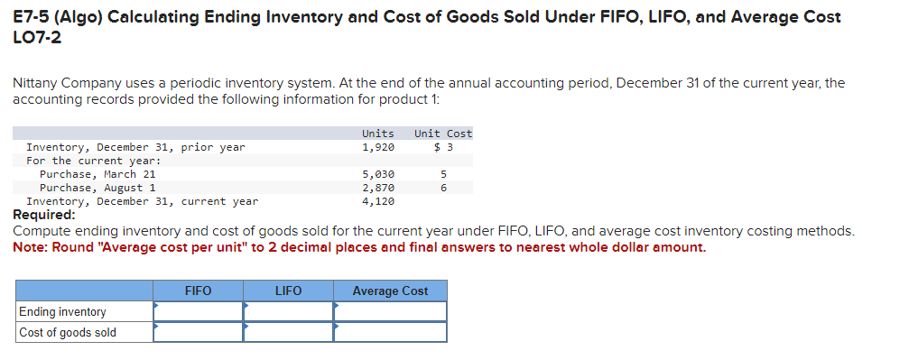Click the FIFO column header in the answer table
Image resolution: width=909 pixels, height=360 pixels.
[198, 291]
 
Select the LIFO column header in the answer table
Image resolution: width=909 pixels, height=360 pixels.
[288, 291]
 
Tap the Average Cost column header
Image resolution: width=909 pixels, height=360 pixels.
[390, 291]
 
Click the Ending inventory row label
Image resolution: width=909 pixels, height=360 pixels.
[62, 311]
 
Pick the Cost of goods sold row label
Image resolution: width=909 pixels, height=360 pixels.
[68, 332]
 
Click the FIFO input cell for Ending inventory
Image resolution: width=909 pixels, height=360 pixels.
[198, 311]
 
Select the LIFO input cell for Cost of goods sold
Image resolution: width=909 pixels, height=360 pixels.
[288, 332]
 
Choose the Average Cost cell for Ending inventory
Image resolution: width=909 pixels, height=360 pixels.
[390, 311]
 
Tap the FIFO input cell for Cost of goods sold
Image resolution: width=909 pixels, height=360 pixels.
[198, 332]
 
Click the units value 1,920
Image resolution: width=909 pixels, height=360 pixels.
[377, 147]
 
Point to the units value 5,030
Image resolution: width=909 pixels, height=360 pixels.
[377, 174]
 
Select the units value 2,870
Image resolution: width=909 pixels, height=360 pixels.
[377, 188]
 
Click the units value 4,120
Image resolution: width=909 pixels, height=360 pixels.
[377, 201]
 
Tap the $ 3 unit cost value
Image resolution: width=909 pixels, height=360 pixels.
[443, 147]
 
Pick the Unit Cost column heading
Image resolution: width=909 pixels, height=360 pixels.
[443, 134]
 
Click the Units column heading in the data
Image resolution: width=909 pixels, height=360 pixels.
[377, 134]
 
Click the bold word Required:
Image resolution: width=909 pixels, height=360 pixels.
[44, 215]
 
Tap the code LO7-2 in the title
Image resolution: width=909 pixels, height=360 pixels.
[37, 38]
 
